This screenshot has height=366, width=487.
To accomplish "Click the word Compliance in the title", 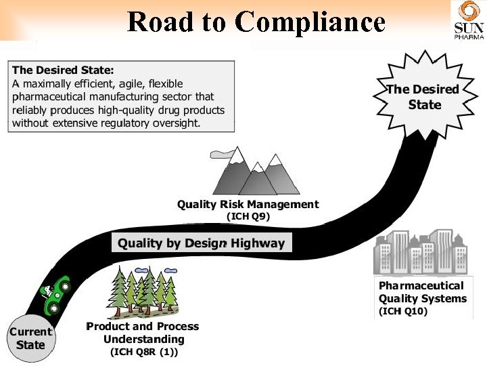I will [311, 22].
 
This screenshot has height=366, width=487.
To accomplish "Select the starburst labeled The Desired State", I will [423, 96].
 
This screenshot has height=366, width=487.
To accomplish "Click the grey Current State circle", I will [30, 338].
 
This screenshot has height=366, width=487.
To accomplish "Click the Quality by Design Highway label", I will [202, 243].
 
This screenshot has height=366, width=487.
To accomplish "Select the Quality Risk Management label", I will [248, 204].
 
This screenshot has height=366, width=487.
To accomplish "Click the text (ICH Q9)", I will [248, 217].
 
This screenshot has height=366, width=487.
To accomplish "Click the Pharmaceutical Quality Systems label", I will [422, 292].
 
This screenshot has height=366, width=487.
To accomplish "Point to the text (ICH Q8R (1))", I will [143, 352].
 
